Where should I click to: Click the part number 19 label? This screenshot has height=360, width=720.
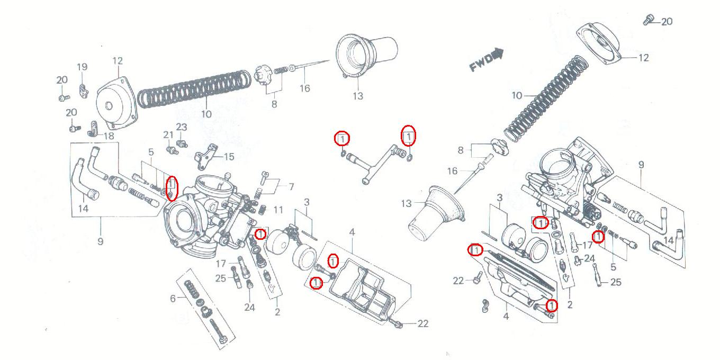tap(82, 67)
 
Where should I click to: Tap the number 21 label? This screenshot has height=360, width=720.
tap(168, 136)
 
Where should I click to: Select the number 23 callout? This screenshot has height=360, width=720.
tap(182, 128)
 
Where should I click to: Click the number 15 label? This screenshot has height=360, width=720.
tap(229, 157)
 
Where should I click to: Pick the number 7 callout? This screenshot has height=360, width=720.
tap(291, 186)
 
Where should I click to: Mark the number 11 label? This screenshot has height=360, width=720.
tap(278, 210)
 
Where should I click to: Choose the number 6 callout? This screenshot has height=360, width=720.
tap(173, 299)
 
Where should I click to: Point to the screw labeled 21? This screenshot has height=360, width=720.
tap(170, 150)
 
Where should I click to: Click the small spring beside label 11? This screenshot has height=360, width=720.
tap(261, 211)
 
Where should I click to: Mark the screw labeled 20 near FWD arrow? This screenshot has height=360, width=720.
tap(647, 21)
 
